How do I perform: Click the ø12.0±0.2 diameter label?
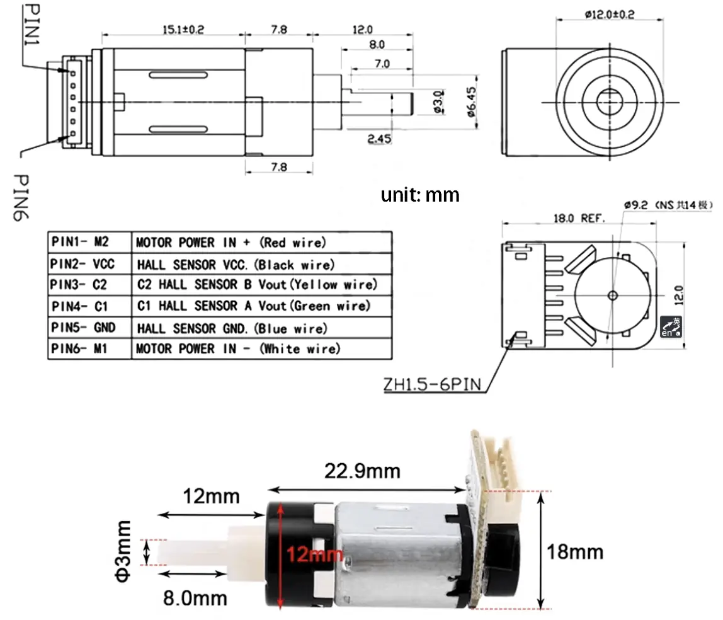[x=610, y=14]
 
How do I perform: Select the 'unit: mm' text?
[x=420, y=195]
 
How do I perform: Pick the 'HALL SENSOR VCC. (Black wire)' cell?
[x=236, y=264]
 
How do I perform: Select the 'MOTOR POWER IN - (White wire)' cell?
[x=238, y=348]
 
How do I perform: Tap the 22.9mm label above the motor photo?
[x=362, y=471]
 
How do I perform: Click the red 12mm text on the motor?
[x=314, y=555]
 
